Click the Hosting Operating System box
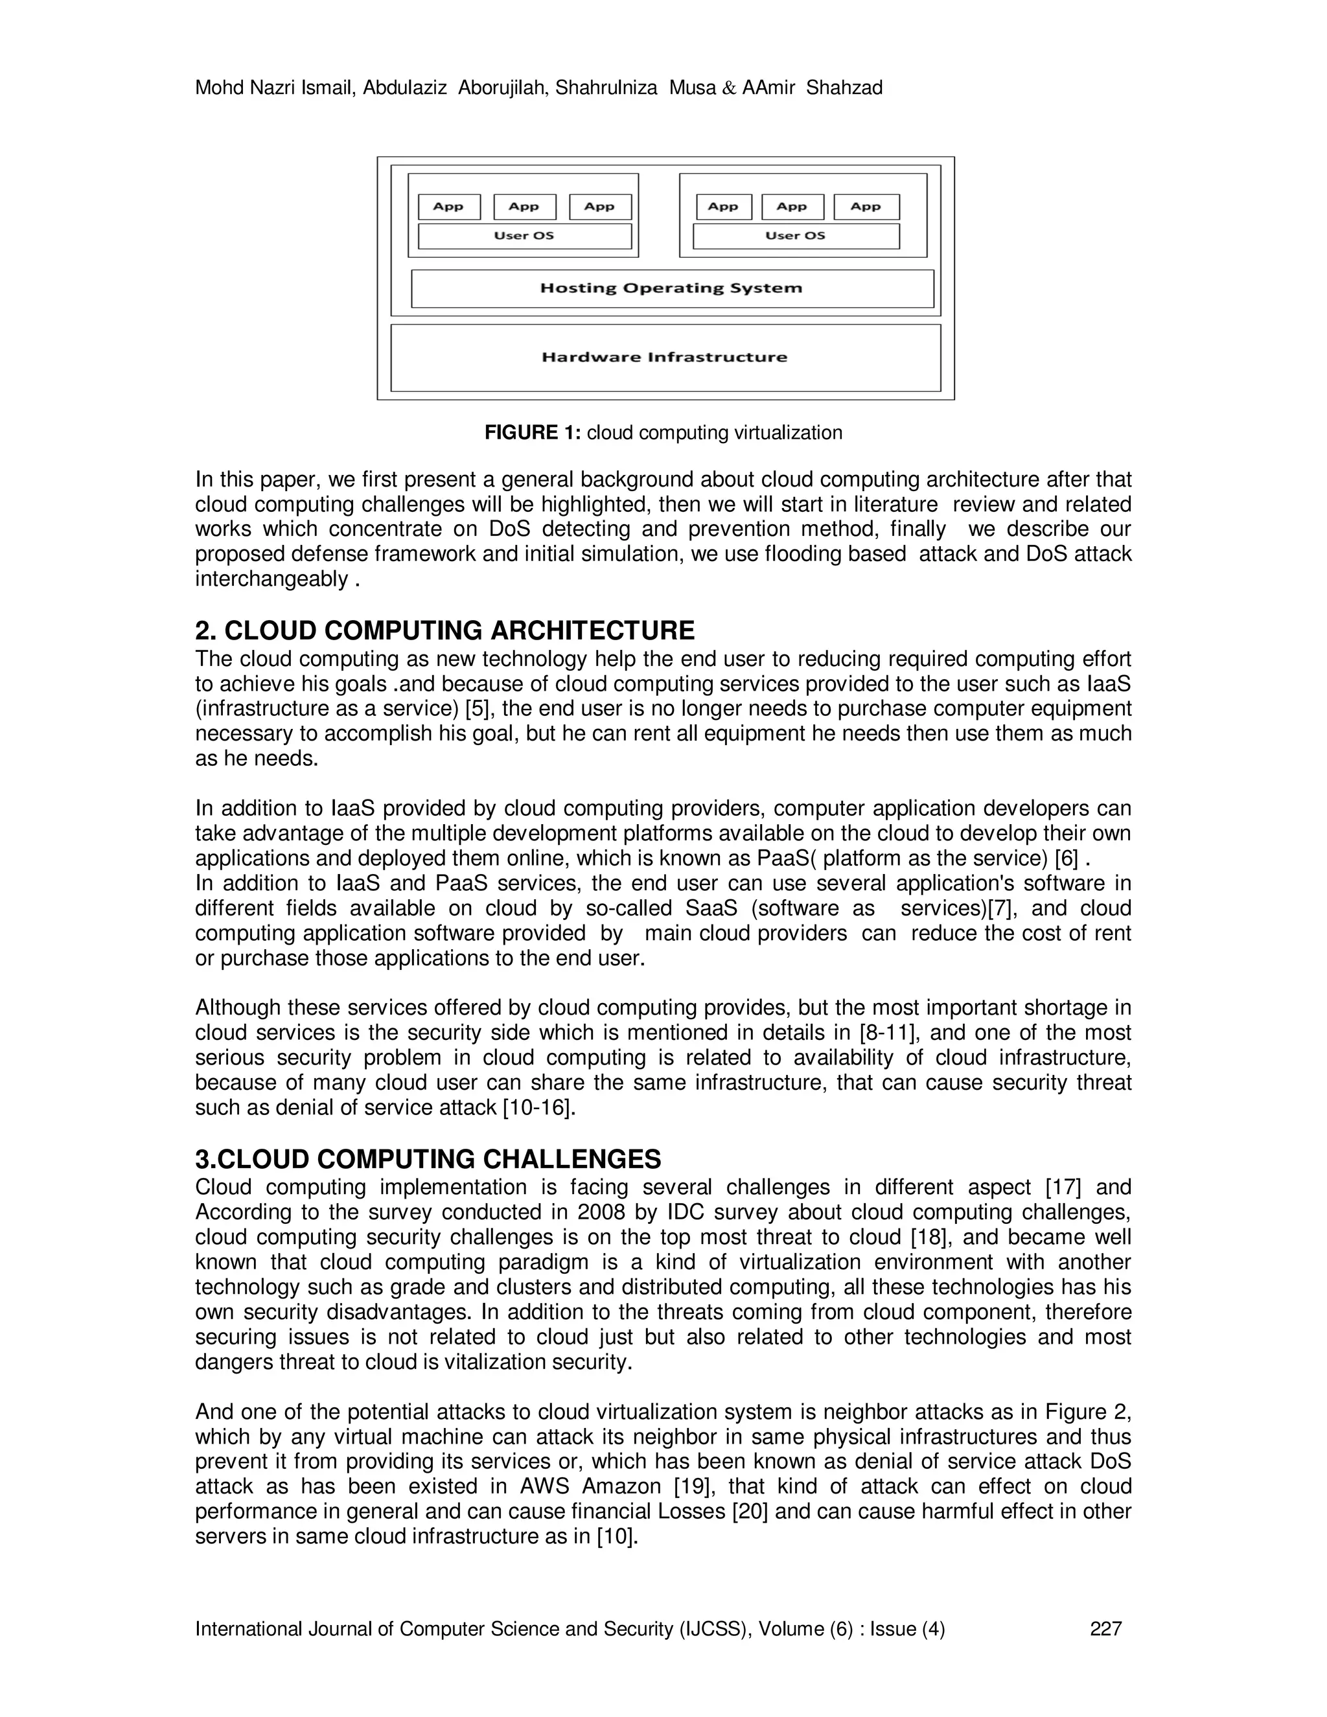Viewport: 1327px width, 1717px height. (672, 288)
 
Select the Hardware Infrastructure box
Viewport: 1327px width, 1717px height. (665, 358)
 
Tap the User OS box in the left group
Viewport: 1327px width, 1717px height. (524, 236)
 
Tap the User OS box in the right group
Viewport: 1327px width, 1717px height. (796, 236)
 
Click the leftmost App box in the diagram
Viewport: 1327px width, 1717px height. (448, 207)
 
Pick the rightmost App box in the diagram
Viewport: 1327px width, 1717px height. (866, 207)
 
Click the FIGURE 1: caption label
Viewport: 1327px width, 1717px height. (532, 432)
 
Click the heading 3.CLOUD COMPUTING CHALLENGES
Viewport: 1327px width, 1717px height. (428, 1159)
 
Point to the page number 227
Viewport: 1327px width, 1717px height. (1105, 1629)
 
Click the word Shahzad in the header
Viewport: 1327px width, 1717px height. (844, 88)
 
